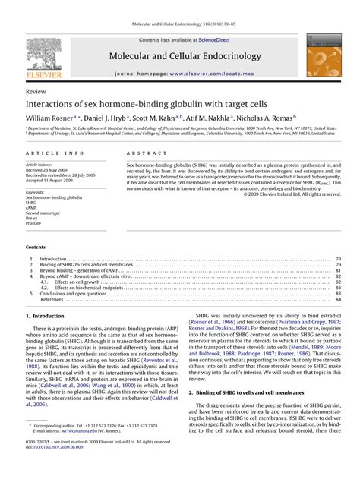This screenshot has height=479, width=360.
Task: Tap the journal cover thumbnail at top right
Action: [x=321, y=57]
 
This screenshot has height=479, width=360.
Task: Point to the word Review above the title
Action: [x=35, y=90]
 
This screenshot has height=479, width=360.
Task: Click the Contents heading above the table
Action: [x=36, y=247]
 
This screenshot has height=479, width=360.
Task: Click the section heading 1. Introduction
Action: [x=45, y=315]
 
